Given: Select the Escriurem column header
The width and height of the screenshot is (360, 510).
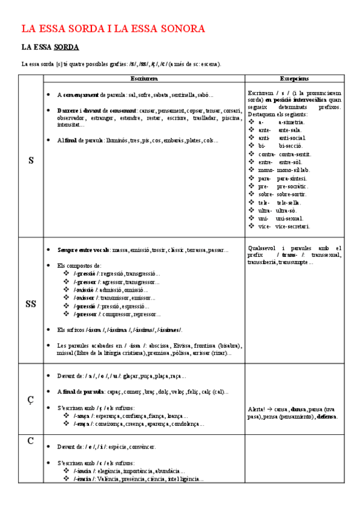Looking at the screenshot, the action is [144, 79].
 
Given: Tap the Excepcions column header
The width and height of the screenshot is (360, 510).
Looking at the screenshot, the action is [294, 79].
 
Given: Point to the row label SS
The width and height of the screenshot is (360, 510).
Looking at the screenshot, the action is [31, 304].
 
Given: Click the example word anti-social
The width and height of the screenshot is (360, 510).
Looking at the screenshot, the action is [291, 138].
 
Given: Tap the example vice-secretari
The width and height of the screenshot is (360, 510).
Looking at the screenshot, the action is [293, 226].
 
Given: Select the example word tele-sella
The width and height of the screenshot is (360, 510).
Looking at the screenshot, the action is [289, 203].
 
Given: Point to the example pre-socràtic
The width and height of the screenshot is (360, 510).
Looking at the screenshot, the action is [292, 186].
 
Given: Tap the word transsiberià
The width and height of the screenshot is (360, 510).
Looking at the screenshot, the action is [262, 262].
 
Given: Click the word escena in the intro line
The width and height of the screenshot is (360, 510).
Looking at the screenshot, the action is [207, 64].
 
